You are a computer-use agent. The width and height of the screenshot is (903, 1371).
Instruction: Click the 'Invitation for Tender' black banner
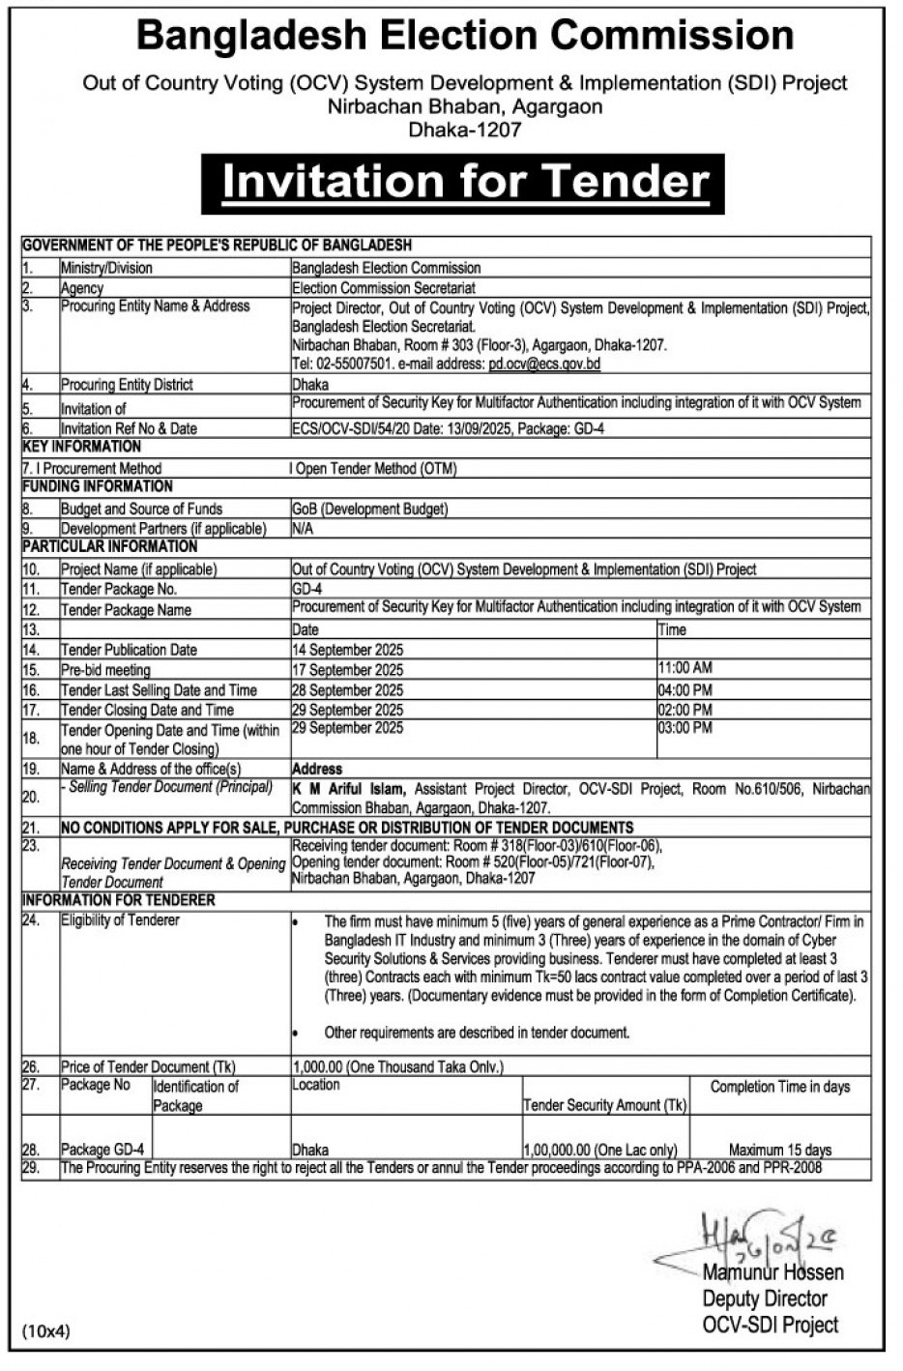[x=465, y=183]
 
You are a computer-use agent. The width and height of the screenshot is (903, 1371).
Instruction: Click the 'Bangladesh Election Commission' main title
[x=465, y=37]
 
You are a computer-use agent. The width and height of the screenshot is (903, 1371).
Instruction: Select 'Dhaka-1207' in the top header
[x=465, y=130]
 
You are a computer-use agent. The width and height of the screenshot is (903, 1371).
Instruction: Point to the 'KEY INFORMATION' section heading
[x=82, y=447]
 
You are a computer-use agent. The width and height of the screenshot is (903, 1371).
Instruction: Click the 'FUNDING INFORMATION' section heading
[x=98, y=486]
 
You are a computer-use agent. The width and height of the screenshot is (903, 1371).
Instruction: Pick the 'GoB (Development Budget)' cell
[x=370, y=509]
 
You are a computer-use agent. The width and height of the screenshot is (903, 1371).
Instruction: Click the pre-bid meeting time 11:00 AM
[x=685, y=668]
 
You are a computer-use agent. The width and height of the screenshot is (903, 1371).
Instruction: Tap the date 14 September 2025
[x=348, y=650]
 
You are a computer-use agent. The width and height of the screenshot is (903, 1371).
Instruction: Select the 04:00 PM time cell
[x=685, y=690]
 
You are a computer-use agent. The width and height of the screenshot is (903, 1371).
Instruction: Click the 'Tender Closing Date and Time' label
[x=147, y=710]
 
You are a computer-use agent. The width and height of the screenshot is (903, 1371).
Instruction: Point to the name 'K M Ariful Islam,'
[x=349, y=789]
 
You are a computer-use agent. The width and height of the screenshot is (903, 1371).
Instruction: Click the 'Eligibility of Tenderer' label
[x=120, y=920]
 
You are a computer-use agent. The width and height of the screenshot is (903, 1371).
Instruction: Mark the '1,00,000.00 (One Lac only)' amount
[x=599, y=1151]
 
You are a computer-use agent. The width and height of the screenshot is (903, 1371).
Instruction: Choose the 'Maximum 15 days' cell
[x=780, y=1151]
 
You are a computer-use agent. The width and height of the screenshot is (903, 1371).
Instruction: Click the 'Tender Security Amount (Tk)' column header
[x=605, y=1105]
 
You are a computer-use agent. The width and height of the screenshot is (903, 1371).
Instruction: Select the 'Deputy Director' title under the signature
[x=765, y=1298]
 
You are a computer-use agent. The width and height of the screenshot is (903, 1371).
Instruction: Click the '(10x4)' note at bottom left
[x=46, y=1331]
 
